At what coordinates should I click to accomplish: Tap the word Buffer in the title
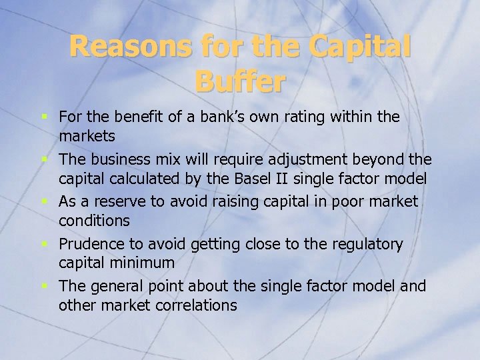240,82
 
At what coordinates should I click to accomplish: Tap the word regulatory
368,245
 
